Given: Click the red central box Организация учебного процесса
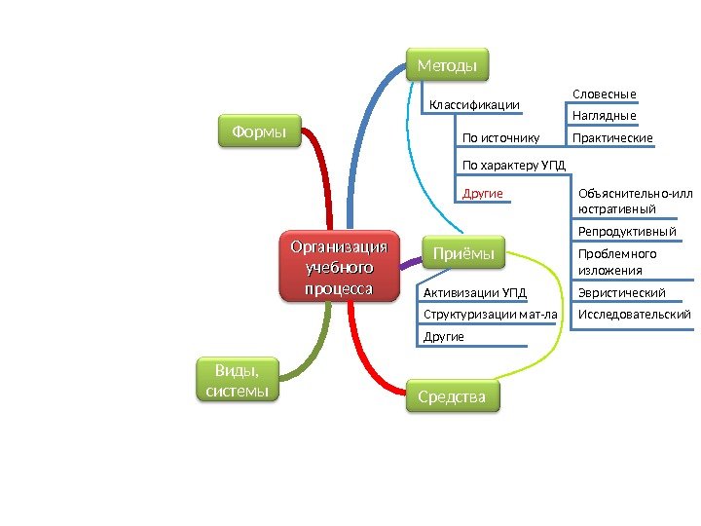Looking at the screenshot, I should [340, 265].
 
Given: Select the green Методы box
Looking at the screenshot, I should [447, 65].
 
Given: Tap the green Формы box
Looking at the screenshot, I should [258, 130].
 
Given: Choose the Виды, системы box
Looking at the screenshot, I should [238, 380].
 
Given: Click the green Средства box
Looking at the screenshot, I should [451, 396].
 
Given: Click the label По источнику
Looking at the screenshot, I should [500, 138].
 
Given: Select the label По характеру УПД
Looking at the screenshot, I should [513, 166].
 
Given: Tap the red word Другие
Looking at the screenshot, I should [483, 194].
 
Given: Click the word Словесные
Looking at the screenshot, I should [604, 94].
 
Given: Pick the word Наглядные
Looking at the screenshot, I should [604, 116].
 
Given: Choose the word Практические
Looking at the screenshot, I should [612, 138].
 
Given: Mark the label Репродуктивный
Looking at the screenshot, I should [627, 232].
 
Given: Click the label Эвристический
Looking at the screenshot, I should [621, 292].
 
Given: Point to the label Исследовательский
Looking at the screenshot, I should [634, 315].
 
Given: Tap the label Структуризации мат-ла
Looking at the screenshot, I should [491, 315].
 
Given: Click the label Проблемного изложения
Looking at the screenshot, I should [617, 262].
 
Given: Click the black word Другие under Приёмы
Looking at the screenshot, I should [444, 337].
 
